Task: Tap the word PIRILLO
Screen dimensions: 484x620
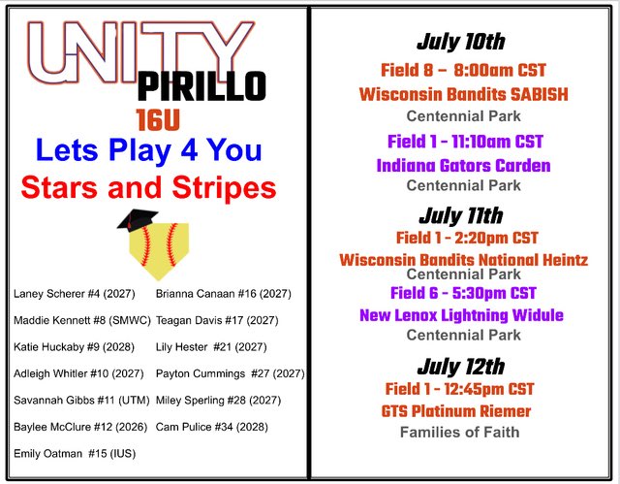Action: pyautogui.click(x=201, y=86)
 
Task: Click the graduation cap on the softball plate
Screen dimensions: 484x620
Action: pyautogui.click(x=138, y=220)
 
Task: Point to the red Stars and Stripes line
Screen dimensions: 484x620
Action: pyautogui.click(x=148, y=186)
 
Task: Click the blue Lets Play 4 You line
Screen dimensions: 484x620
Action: pyautogui.click(x=148, y=151)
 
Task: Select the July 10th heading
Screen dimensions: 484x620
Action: pyautogui.click(x=461, y=42)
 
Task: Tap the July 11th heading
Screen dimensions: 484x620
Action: pyautogui.click(x=461, y=215)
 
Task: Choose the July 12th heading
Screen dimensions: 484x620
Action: pyautogui.click(x=461, y=367)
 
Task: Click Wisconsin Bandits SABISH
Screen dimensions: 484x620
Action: pyautogui.click(x=463, y=94)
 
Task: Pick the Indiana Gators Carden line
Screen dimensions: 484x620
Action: pyautogui.click(x=463, y=165)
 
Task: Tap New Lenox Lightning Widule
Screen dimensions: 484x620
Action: pyautogui.click(x=461, y=315)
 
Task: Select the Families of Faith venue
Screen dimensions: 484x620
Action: pyautogui.click(x=460, y=432)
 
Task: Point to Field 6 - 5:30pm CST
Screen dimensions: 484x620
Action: pyautogui.click(x=463, y=293)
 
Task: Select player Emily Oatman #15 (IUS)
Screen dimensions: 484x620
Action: pyautogui.click(x=75, y=453)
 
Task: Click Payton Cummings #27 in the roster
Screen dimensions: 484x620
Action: pyautogui.click(x=230, y=373)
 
